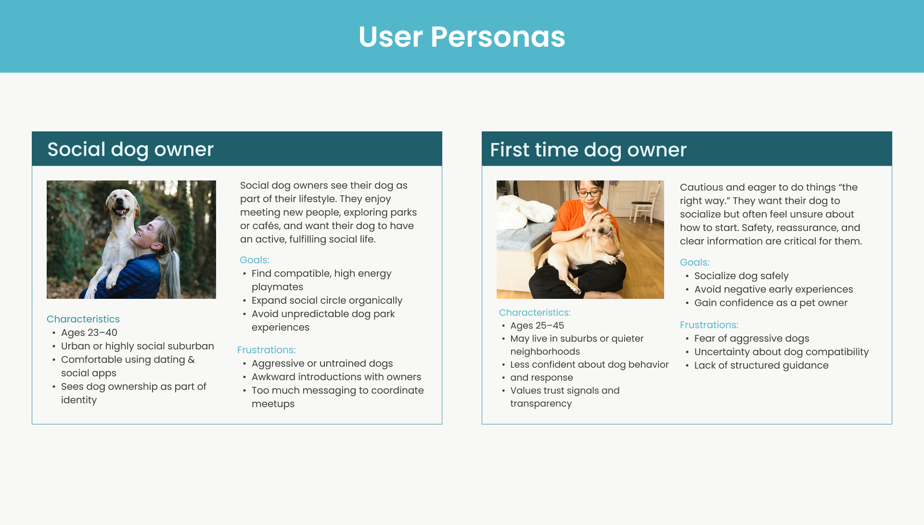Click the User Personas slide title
(x=462, y=37)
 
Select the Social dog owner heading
(x=130, y=149)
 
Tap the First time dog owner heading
(x=588, y=150)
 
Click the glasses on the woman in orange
(x=589, y=194)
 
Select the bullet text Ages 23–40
(x=89, y=333)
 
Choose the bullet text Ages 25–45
(x=537, y=325)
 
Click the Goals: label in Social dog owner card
(x=255, y=260)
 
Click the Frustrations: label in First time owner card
(x=709, y=325)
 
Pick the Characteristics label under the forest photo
(x=83, y=319)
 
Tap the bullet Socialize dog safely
(x=741, y=276)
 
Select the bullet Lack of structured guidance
(x=761, y=365)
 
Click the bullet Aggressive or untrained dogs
(x=322, y=363)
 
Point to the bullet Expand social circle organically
(x=327, y=300)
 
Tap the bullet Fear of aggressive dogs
(x=751, y=338)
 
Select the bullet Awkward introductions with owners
(x=336, y=377)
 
